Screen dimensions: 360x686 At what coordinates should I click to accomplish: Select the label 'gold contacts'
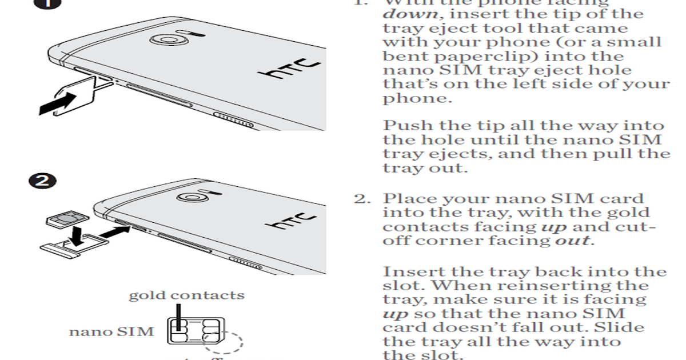pos(186,295)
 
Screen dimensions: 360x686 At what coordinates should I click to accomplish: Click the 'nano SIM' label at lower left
pos(111,331)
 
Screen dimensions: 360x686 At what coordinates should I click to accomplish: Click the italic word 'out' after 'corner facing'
pos(572,241)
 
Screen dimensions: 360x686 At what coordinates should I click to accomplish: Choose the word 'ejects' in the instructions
pos(449,154)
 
